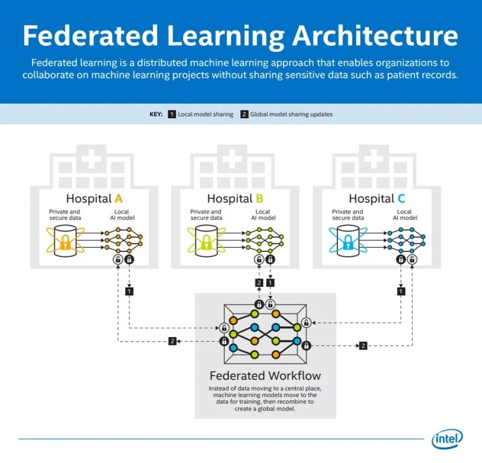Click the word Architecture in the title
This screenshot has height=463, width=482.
click(375, 36)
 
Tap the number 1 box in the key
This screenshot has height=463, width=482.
click(172, 114)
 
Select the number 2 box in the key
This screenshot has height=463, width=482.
click(245, 114)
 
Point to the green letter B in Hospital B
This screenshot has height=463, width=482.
click(259, 198)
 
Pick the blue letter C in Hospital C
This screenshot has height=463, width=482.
click(401, 198)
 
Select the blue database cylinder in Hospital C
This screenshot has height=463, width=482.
click(348, 241)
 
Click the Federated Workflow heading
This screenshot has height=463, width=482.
click(265, 376)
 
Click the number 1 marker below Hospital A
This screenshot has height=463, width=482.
click(129, 291)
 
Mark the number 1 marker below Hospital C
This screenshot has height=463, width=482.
click(401, 291)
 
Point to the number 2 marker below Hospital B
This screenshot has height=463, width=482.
click(259, 282)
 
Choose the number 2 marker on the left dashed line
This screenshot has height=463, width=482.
click(172, 341)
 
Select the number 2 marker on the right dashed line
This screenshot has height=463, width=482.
click(363, 345)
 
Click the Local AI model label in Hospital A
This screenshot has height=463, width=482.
click(121, 215)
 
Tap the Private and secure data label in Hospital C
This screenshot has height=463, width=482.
click(348, 215)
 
